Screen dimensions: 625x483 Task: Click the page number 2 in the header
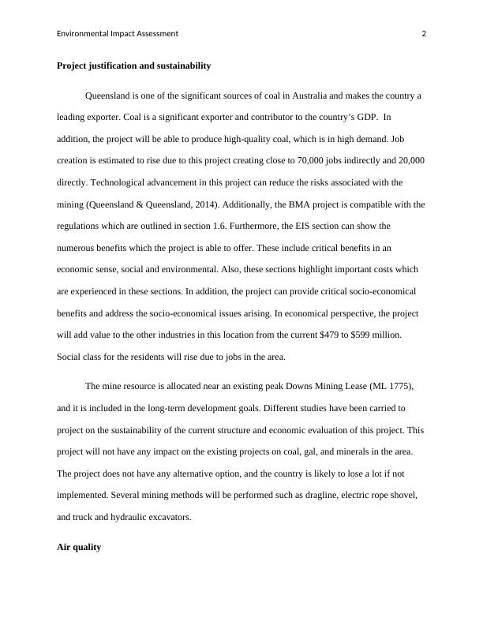pyautogui.click(x=424, y=34)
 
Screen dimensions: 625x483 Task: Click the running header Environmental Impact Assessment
pyautogui.click(x=118, y=34)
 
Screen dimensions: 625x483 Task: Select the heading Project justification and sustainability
pyautogui.click(x=133, y=65)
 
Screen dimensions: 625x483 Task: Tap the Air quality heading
pyautogui.click(x=79, y=546)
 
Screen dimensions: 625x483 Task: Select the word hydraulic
pyautogui.click(x=152, y=517)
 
